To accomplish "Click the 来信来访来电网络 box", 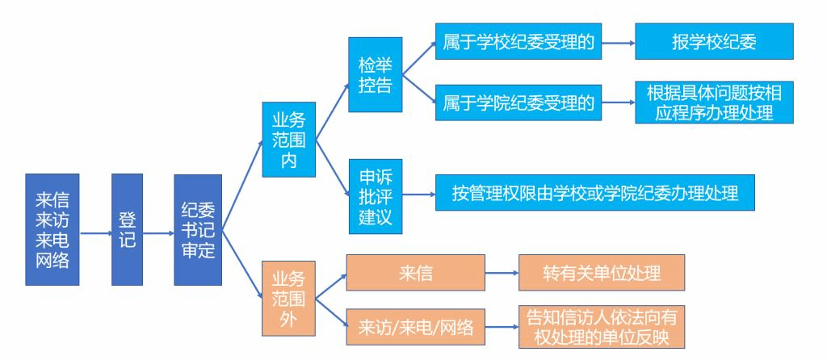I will click(52, 229).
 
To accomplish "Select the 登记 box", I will click(127, 229).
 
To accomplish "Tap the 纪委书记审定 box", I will click(197, 229).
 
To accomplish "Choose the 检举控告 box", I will click(375, 74).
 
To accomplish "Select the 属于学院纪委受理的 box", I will click(518, 103).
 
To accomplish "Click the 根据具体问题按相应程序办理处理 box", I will click(714, 103).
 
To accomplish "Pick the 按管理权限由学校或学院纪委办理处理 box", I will click(595, 194).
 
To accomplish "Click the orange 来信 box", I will click(415, 273).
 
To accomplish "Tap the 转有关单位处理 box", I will click(602, 273).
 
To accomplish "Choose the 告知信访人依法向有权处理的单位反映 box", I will click(602, 326).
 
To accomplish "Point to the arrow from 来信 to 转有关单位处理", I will click(502, 273).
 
